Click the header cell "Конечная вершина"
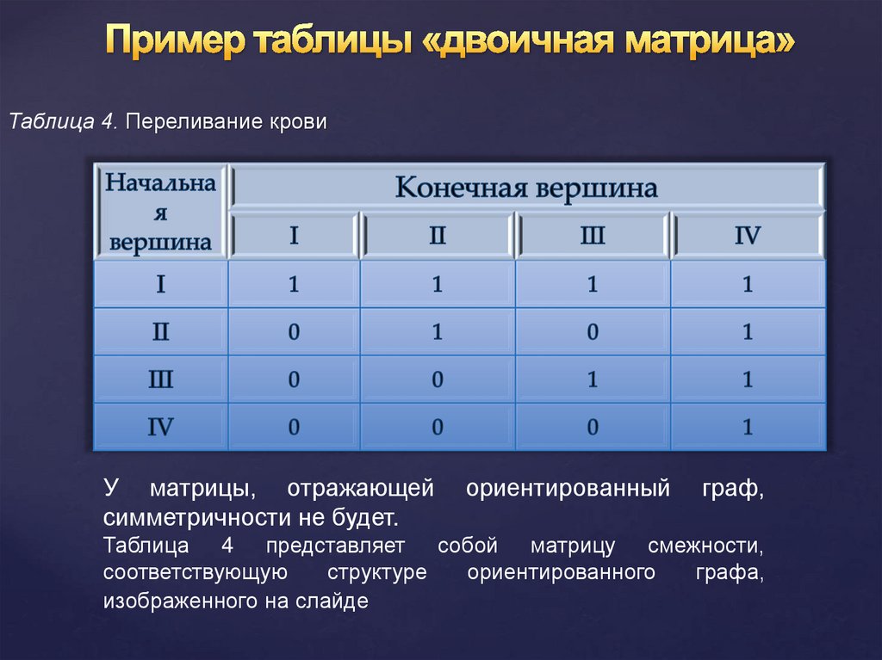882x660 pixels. [x=525, y=187]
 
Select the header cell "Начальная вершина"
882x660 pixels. [x=160, y=212]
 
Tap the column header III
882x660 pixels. [x=592, y=236]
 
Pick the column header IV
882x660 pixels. [x=747, y=236]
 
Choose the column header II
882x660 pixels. [x=437, y=236]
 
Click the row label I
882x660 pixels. [x=160, y=285]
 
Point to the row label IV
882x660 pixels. [x=160, y=427]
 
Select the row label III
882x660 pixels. [x=160, y=379]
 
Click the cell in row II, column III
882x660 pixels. [x=592, y=332]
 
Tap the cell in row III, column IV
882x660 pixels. [x=747, y=379]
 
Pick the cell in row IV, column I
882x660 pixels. [x=294, y=427]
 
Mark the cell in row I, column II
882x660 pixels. [x=437, y=285]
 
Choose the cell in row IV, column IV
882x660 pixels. [x=747, y=427]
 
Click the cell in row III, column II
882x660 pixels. [x=437, y=379]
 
